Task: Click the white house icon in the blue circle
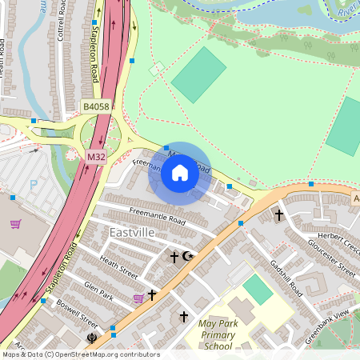(180, 173)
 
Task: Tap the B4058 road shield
(96, 106)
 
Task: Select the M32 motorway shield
(96, 157)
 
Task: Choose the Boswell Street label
(77, 314)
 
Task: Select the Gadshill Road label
(285, 276)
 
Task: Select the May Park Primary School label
(218, 334)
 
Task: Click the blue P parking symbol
(34, 185)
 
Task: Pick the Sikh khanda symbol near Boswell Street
(94, 338)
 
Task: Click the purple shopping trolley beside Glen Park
(138, 298)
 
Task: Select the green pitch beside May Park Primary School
(258, 289)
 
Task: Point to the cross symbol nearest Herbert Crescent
(279, 214)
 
